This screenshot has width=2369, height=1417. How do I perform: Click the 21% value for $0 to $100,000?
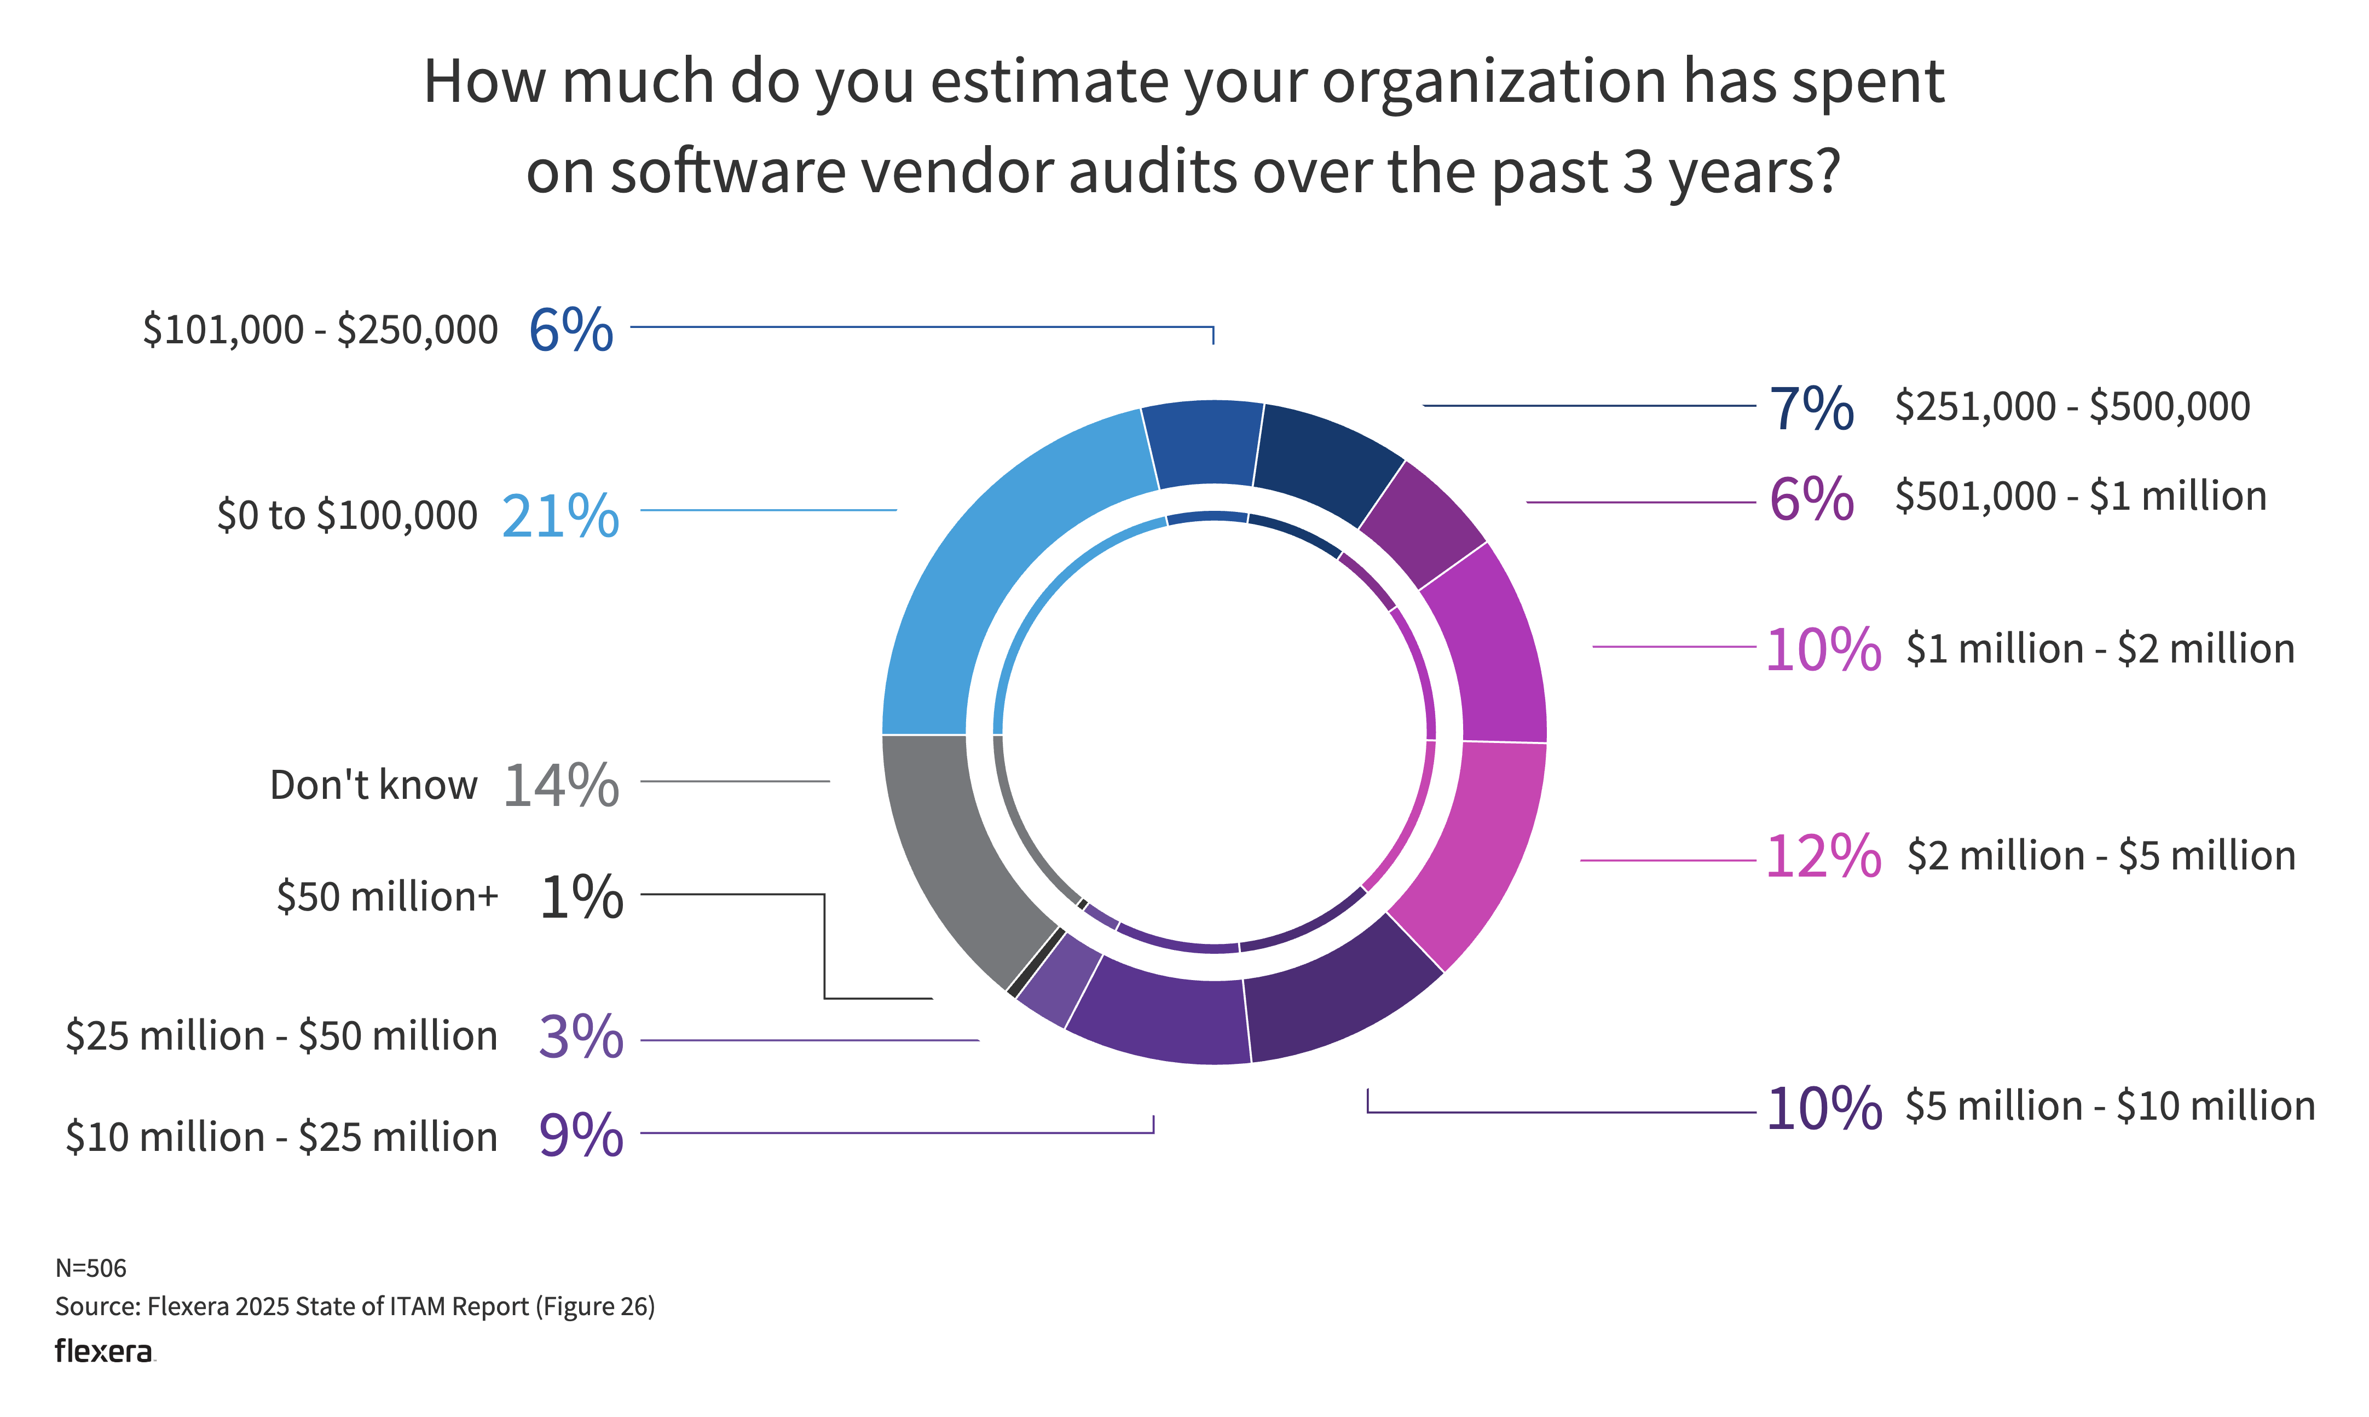pos(561,516)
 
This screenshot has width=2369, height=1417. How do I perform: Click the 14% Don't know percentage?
pos(561,786)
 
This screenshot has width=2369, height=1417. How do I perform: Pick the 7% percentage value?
pos(1811,408)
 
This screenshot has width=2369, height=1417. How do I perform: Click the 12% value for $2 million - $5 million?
pos(1823,856)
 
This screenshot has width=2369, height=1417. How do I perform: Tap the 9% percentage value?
pos(580,1136)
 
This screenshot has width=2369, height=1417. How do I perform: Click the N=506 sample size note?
pos(91,1268)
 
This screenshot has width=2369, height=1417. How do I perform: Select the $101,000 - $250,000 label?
pos(320,330)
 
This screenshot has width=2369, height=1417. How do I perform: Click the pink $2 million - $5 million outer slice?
pos(1475,850)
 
